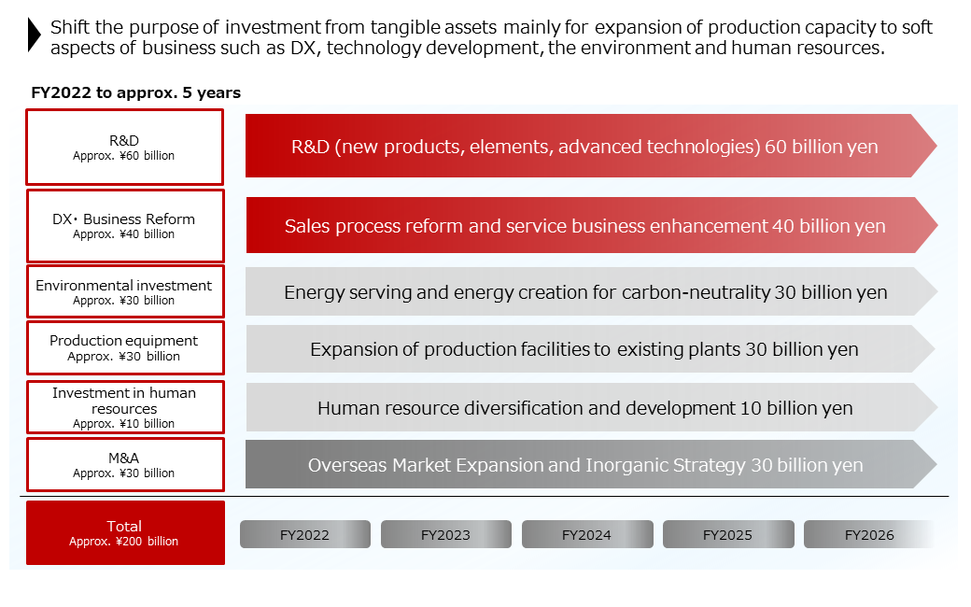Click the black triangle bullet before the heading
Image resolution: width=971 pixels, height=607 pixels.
pos(35,35)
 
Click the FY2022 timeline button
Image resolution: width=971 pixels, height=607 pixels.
pos(304,535)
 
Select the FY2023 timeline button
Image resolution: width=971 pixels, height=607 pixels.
pos(445,535)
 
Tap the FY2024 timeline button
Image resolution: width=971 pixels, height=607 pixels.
pos(586,535)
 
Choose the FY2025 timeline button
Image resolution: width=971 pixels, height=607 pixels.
pos(727,535)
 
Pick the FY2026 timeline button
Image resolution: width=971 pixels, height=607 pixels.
pos(868,535)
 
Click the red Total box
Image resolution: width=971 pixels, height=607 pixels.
pos(125,532)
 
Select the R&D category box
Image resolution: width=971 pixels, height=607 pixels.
pos(124,147)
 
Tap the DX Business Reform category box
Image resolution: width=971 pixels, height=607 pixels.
pos(124,225)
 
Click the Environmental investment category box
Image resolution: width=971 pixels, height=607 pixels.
pos(124,291)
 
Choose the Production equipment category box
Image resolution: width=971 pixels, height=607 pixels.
pos(124,347)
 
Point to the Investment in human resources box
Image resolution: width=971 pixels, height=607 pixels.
pos(124,407)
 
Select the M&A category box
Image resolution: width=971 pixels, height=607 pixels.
pos(124,464)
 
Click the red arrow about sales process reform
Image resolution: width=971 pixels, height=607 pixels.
pos(585,226)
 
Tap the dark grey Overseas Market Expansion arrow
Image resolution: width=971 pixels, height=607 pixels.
pos(585,465)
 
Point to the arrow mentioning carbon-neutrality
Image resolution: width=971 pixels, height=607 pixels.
pos(585,292)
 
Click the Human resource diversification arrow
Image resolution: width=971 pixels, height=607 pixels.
pos(585,408)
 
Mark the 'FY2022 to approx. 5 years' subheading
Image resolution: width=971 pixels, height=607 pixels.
pos(136,92)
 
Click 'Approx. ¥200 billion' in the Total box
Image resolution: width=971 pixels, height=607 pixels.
pos(123,542)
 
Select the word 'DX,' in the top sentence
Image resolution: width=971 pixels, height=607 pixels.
pos(332,49)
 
